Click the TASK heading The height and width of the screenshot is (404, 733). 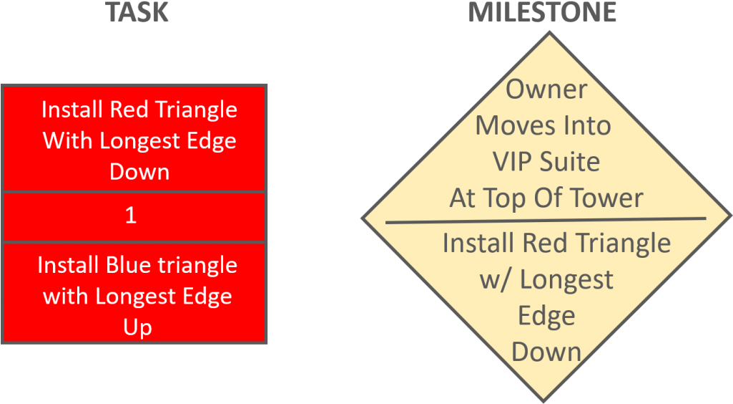tap(137, 12)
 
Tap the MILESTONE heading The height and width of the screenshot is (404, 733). tap(542, 12)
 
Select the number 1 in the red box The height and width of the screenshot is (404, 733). tap(131, 216)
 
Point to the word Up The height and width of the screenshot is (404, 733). tap(138, 327)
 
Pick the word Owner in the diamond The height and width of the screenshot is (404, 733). tap(546, 89)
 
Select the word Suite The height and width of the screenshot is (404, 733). tap(569, 161)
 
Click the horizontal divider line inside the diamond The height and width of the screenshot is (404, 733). tap(546, 220)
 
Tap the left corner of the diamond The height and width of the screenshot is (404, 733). tap(363, 218)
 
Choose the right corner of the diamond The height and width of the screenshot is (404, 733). tap(731, 216)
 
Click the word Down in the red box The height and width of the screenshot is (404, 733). tap(139, 172)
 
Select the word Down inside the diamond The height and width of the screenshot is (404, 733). tap(546, 352)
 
